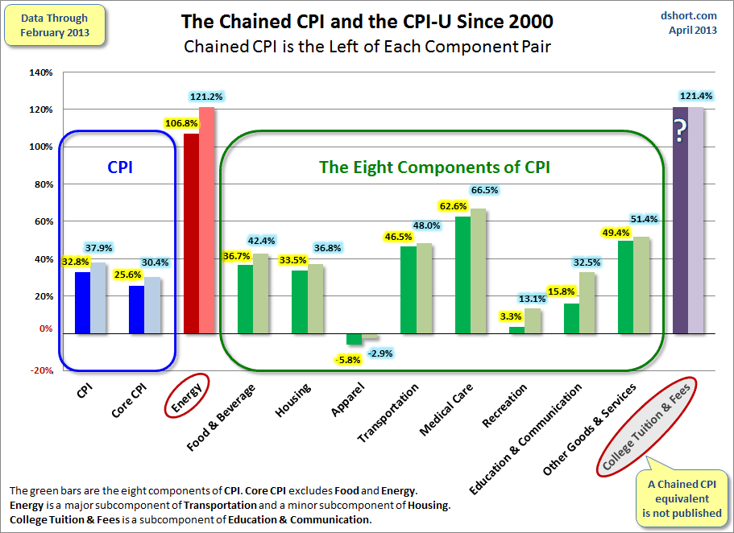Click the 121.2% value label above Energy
(207, 97)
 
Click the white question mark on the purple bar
(680, 129)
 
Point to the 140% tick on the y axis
(40, 72)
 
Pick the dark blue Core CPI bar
(136, 309)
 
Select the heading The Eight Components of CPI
(434, 167)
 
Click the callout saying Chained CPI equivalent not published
(685, 498)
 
